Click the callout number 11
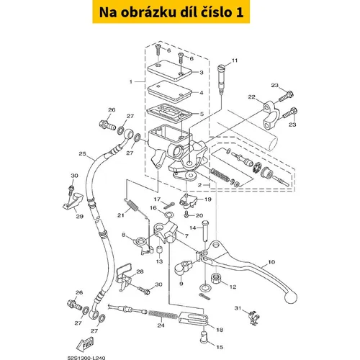tap(235, 60)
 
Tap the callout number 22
tap(251, 96)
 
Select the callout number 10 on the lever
tap(271, 262)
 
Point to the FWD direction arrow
tap(85, 344)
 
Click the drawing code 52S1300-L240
tap(86, 358)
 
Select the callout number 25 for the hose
tap(82, 153)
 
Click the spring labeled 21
tap(131, 206)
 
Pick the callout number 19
tap(208, 199)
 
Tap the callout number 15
tap(220, 347)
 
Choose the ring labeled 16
tap(168, 214)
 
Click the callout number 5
tap(202, 114)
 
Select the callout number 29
tap(79, 216)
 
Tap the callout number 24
tap(161, 325)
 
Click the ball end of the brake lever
tap(291, 297)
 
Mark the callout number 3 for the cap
tap(202, 72)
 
